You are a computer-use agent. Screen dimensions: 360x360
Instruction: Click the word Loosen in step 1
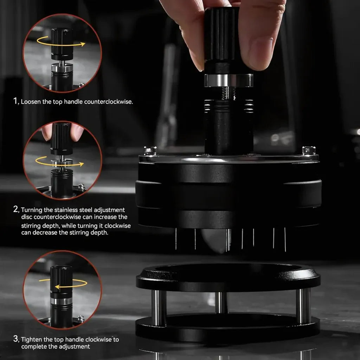coord(31,102)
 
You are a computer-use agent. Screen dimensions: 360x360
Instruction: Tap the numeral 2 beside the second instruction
coord(15,209)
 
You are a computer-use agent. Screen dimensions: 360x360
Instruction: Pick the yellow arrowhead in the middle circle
coord(81,164)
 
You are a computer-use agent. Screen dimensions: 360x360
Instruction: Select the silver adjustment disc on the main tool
coord(229,80)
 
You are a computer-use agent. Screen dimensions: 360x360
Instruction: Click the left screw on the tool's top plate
coord(150,150)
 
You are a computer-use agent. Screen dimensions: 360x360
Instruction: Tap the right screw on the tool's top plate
coord(309,151)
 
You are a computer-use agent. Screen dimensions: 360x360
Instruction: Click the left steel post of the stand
coord(159,307)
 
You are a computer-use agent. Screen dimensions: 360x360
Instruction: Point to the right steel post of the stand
coord(303,306)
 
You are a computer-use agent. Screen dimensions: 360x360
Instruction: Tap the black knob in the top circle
coord(62,44)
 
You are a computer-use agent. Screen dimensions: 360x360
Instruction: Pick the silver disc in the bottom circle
coord(62,301)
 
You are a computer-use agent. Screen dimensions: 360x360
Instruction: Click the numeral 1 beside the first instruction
coord(15,101)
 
